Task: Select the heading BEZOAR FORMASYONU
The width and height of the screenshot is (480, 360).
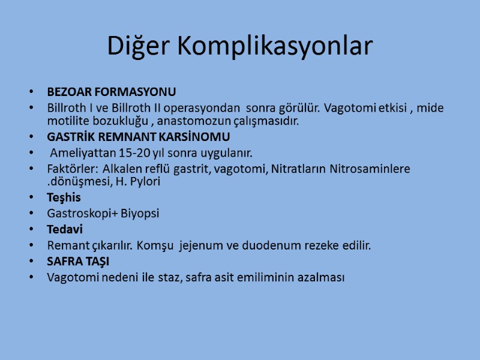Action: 112,92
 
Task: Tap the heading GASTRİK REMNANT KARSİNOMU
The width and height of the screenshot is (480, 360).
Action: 138,137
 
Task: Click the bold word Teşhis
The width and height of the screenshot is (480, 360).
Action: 64,197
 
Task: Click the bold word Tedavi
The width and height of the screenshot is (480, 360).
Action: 65,230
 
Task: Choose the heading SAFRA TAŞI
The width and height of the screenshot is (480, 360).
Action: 78,262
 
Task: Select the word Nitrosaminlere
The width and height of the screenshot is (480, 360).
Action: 370,169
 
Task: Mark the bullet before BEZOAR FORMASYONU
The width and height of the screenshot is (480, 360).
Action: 31,93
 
